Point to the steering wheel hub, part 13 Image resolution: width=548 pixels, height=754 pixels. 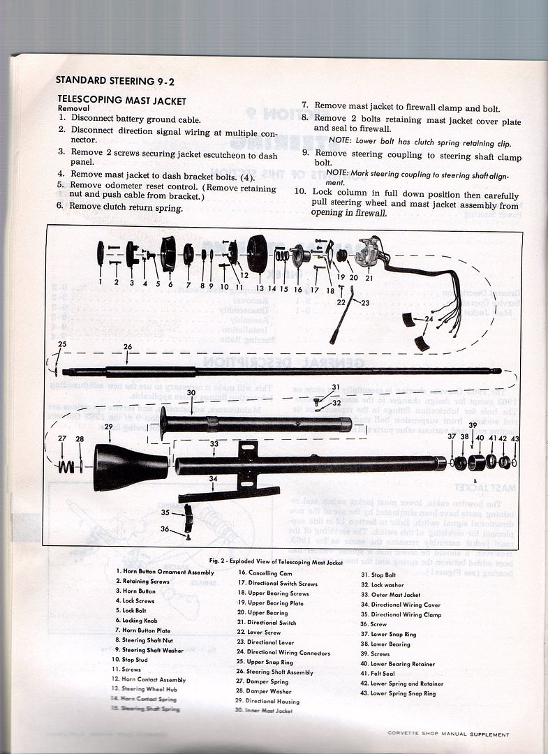pyautogui.click(x=257, y=254)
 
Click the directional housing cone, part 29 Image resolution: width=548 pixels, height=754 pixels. pyautogui.click(x=129, y=466)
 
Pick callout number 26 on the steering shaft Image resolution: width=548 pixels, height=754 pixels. pyautogui.click(x=127, y=347)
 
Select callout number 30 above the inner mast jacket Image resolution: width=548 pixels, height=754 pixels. pyautogui.click(x=190, y=393)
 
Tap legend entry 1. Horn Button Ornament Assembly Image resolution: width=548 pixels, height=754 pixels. pyautogui.click(x=165, y=572)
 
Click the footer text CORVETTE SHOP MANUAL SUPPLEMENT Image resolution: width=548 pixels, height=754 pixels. pyautogui.click(x=448, y=734)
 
